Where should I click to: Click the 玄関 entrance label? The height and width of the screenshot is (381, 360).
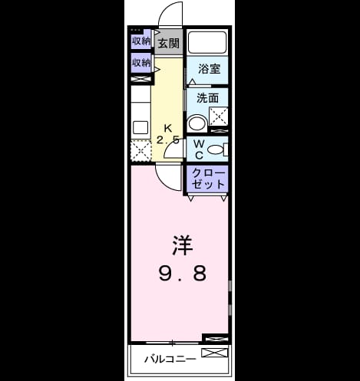168,43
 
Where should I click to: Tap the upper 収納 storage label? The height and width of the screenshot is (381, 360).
141,41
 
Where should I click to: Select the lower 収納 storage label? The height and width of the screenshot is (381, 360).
141,62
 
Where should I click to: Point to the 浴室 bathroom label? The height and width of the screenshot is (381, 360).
210,68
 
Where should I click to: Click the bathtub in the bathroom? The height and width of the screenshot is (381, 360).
207,42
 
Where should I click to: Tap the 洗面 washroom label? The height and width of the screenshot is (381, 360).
207,98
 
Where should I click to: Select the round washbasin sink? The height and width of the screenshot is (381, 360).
197,124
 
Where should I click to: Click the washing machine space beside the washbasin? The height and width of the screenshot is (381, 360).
219,117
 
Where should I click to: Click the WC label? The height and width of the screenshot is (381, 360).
199,149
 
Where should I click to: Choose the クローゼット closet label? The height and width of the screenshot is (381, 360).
208,179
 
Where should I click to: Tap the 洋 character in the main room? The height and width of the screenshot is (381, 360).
182,245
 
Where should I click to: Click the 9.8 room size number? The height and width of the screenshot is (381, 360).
183,273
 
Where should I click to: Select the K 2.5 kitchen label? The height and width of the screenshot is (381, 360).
168,134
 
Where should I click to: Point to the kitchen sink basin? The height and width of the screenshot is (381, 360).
140,127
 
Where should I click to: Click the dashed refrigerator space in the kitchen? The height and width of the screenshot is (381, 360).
141,150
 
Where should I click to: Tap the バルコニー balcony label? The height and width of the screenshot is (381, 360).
170,359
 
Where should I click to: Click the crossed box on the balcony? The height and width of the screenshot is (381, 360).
214,353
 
